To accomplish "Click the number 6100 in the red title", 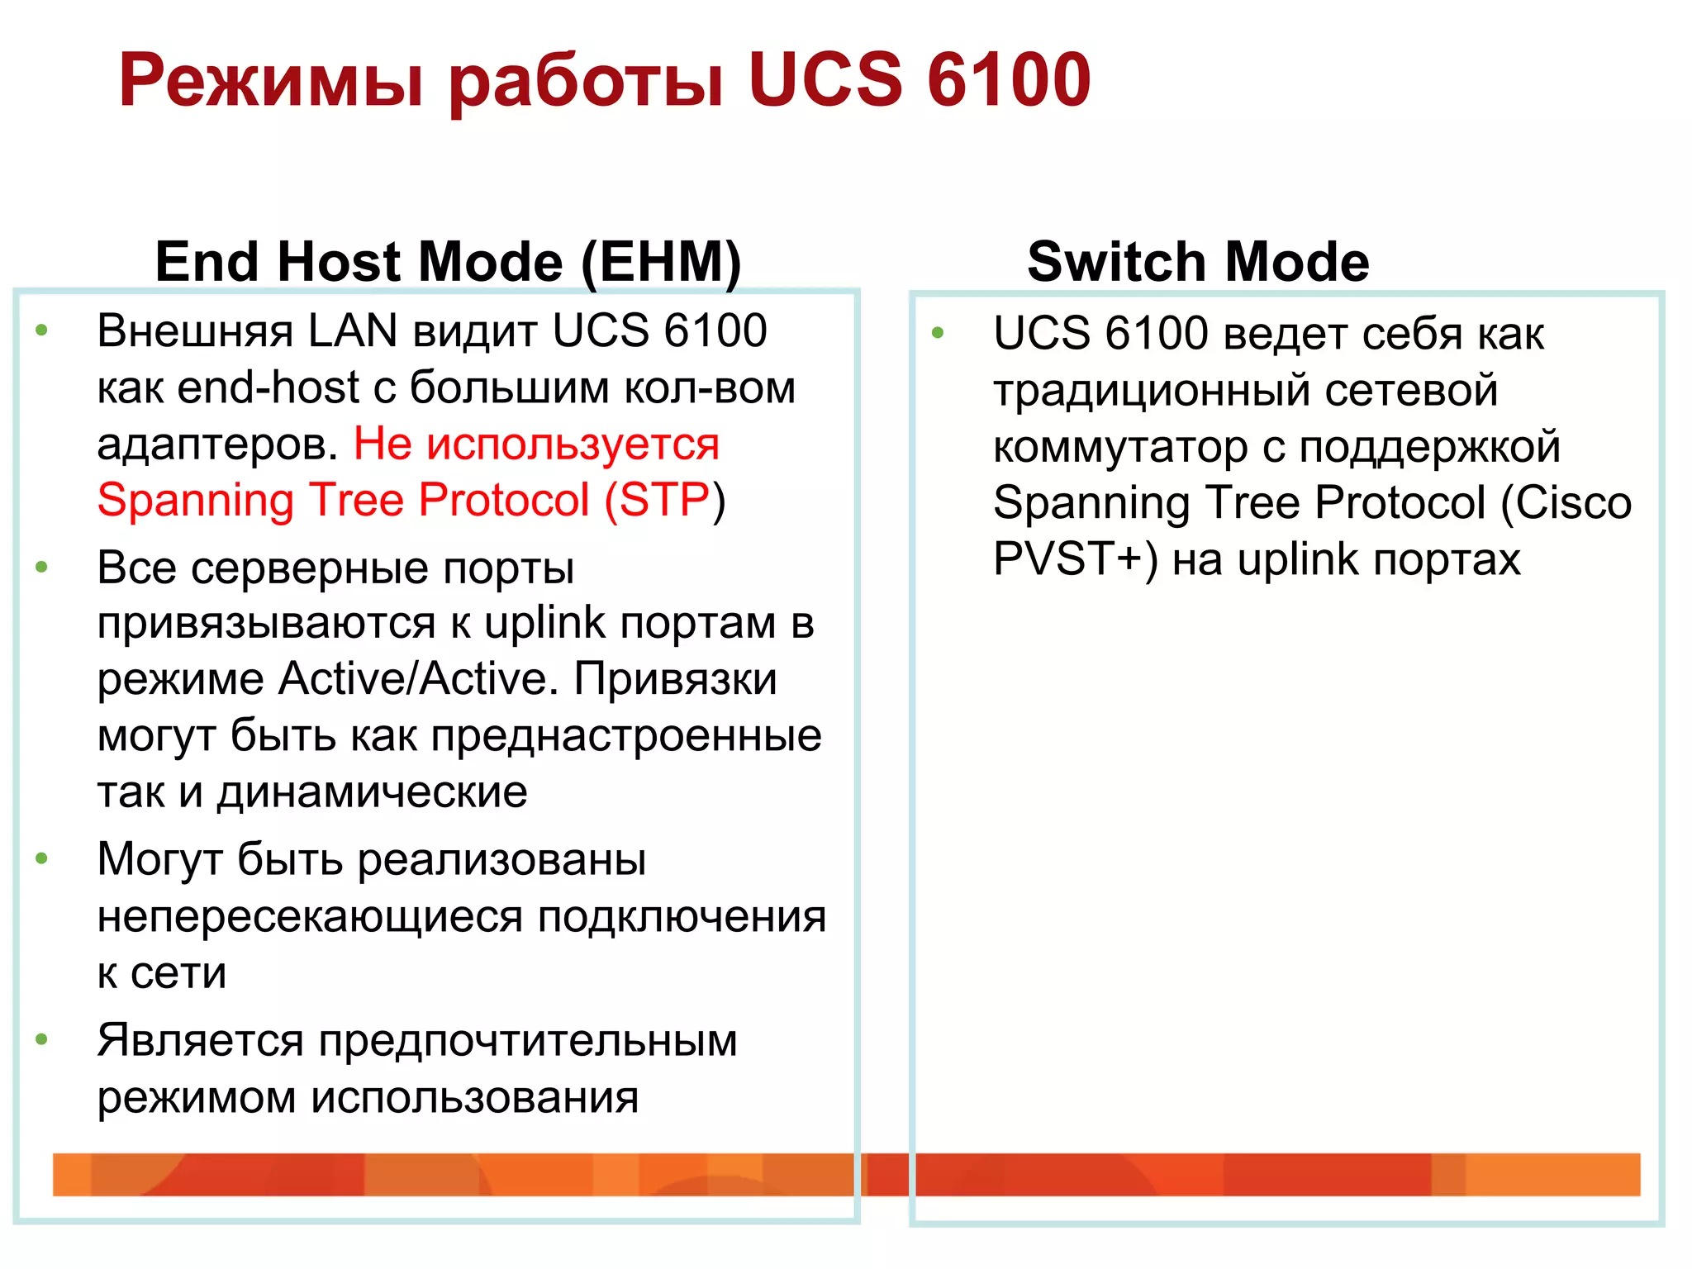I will click(x=1009, y=80).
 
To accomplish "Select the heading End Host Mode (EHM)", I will click(x=448, y=262).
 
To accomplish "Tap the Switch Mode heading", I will click(x=1198, y=262).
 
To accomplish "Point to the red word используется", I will click(x=573, y=444).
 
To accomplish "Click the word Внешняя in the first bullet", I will click(x=195, y=331).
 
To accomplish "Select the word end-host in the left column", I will click(x=269, y=387).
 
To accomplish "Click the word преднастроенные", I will click(x=626, y=735).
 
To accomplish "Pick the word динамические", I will click(x=372, y=792).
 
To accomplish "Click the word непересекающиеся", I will click(x=310, y=917).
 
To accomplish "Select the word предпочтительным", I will click(x=527, y=1040).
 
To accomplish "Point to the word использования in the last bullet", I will click(x=474, y=1097).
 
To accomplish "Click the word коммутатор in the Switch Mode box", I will click(x=1120, y=447).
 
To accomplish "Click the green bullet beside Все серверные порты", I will click(x=42, y=568).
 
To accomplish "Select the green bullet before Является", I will click(x=42, y=1039).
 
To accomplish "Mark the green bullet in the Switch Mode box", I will click(x=938, y=333).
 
